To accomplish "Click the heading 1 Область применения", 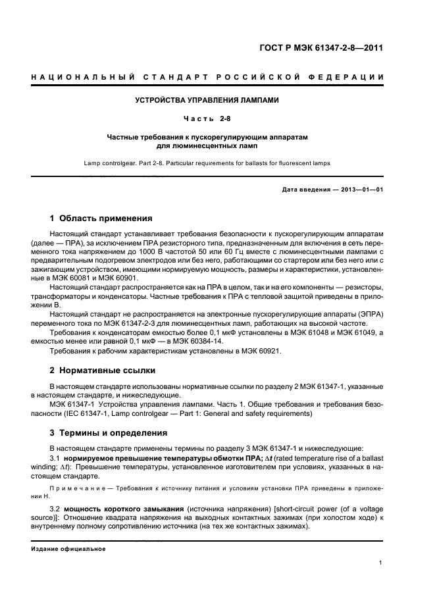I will (101, 218).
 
